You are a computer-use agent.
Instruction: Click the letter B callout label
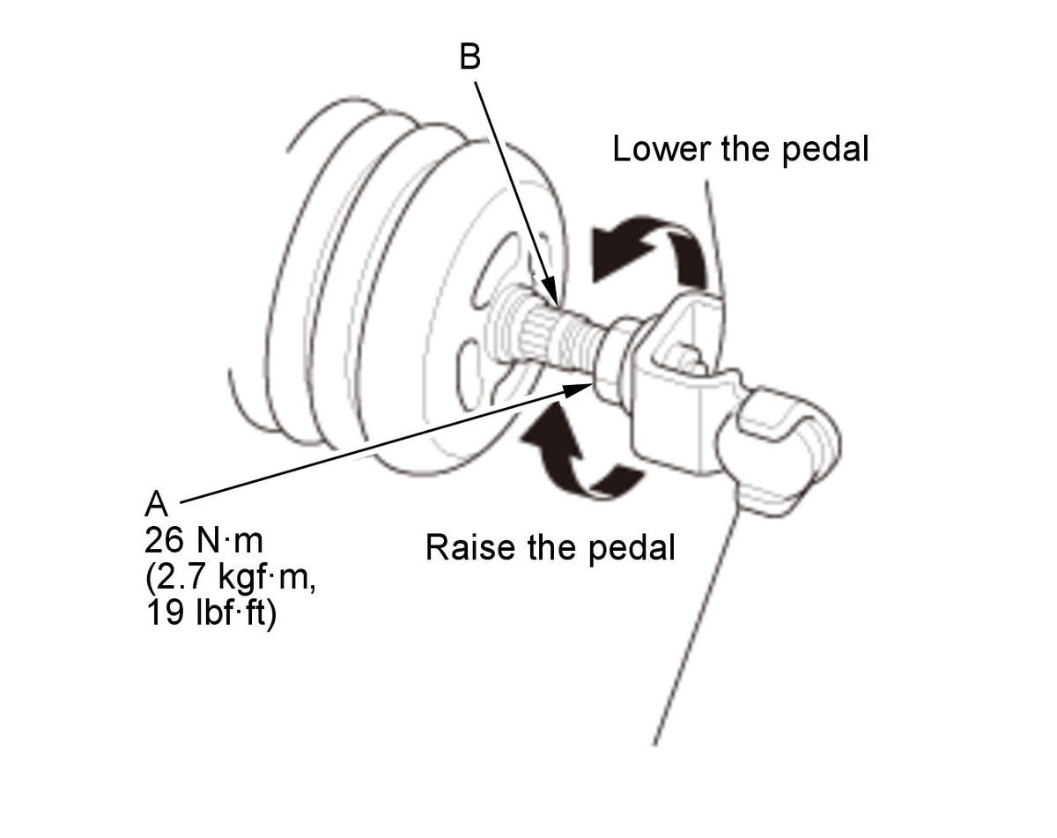(x=469, y=56)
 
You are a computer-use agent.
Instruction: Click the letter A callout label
(x=156, y=503)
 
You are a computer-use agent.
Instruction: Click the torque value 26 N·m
(x=203, y=540)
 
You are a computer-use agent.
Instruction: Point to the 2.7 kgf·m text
(x=231, y=578)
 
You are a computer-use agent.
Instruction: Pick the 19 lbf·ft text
(x=211, y=613)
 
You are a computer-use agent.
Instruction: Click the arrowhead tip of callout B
(x=558, y=305)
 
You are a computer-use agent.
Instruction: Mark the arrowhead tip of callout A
(x=594, y=384)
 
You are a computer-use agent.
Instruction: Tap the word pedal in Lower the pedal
(x=825, y=150)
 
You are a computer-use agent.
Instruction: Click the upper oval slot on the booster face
(x=496, y=271)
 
